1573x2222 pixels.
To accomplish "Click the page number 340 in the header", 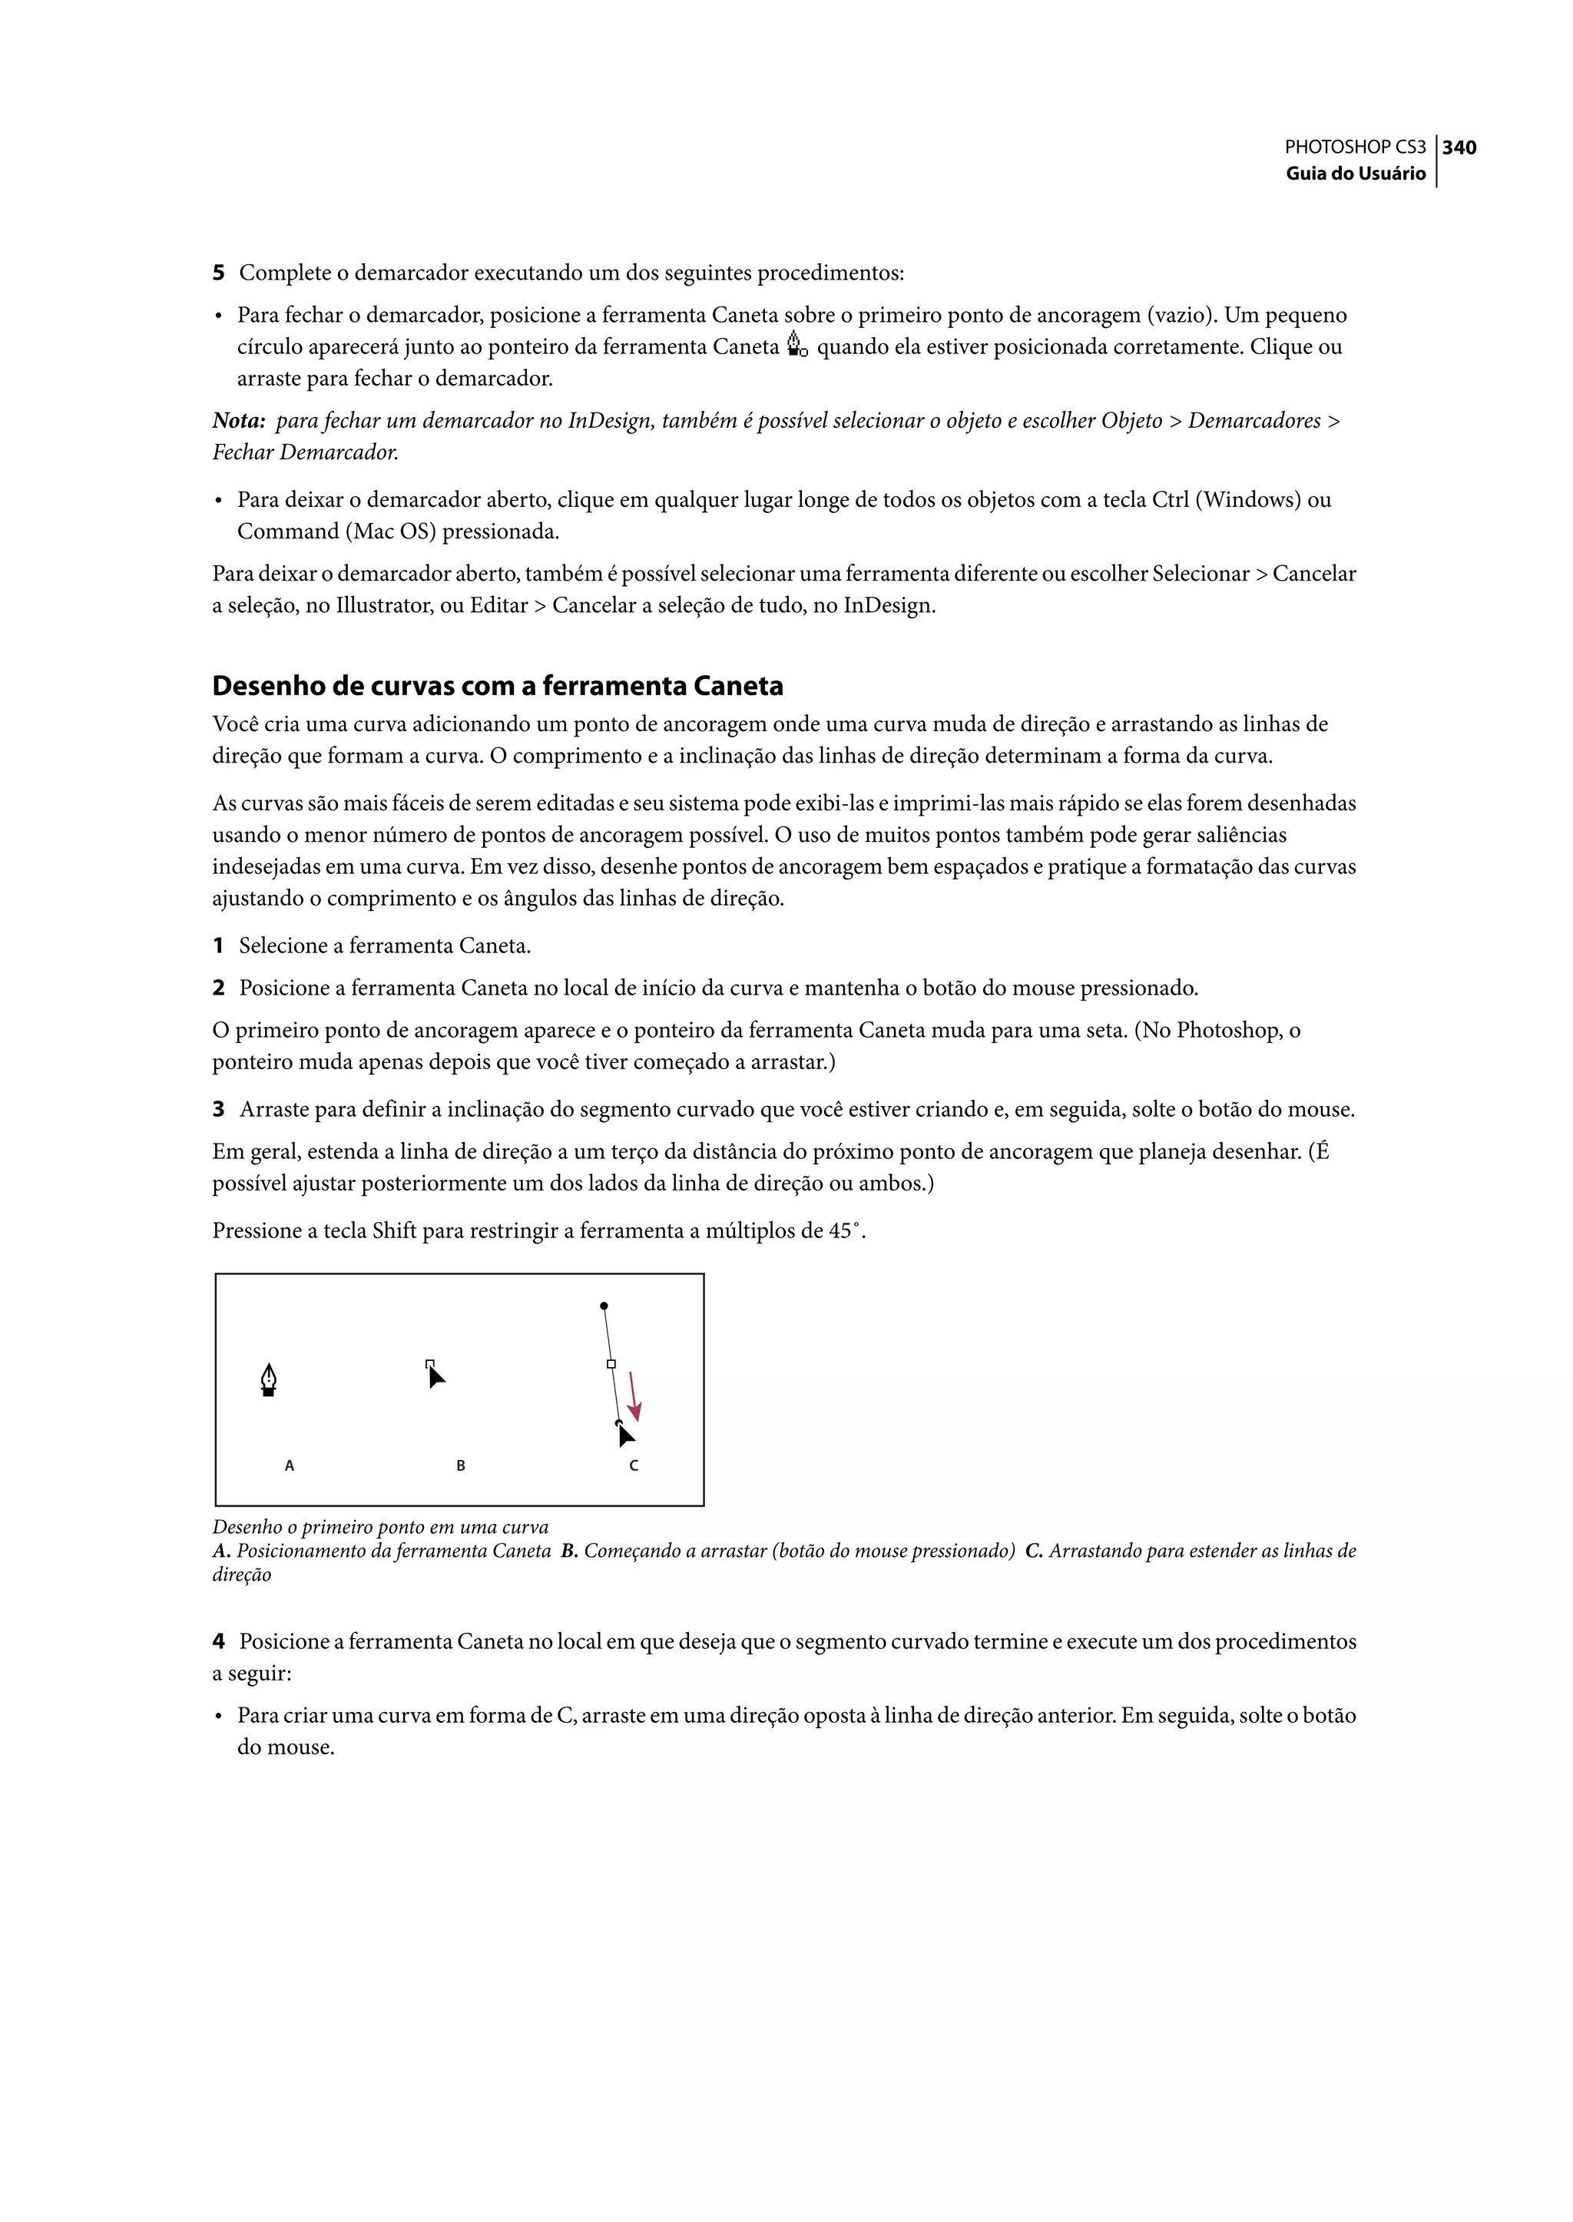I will point(1459,147).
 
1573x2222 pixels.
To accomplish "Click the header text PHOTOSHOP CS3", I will point(1354,147).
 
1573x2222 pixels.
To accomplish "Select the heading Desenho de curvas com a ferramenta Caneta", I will point(497,686).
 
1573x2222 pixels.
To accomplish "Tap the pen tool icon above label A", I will point(268,1379).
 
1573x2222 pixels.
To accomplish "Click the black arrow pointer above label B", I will point(435,1376).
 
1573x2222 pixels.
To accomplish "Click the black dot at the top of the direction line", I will point(604,1306).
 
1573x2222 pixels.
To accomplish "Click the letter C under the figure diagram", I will point(634,1465).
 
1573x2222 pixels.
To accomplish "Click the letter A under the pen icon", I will point(289,1465).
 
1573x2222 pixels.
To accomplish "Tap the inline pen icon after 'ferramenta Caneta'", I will point(796,345).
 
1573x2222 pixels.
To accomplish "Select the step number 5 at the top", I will point(218,273).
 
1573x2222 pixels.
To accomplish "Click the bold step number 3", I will point(218,1110).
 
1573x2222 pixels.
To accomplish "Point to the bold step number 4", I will point(218,1642).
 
